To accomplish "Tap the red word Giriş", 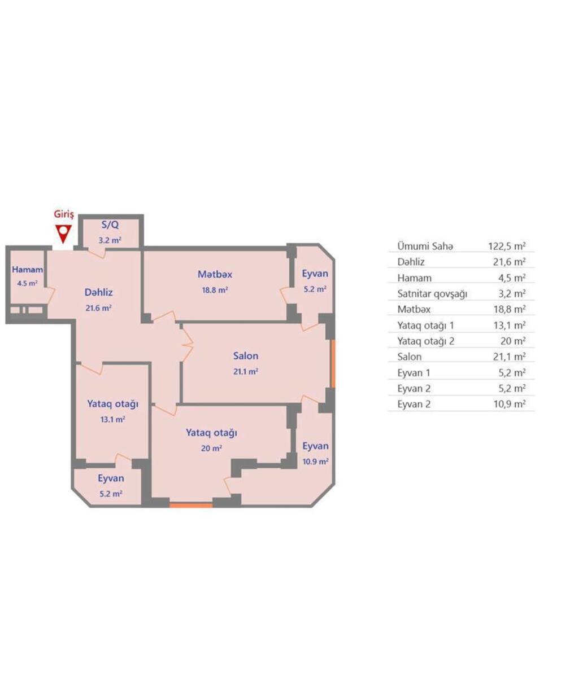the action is point(64,215).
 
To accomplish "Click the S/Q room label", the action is point(110,225).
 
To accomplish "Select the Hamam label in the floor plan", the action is point(27,270).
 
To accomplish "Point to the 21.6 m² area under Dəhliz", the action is point(99,308).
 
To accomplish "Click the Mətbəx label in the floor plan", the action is point(215,274).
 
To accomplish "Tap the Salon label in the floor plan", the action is point(246,355).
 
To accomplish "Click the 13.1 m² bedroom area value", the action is point(113,420).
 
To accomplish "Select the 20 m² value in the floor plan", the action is point(212,449).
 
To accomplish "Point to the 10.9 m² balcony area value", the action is point(316,461).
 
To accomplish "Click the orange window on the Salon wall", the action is point(333,364).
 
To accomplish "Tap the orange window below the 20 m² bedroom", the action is point(191,505).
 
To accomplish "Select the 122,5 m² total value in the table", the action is point(507,246).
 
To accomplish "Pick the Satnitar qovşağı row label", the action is point(432,294).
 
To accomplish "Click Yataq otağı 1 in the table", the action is point(425,326).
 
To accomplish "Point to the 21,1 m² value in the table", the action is point(510,357).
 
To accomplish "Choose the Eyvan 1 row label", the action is point(414,373).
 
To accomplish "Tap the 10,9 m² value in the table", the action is point(510,404).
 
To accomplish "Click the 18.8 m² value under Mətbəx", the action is point(215,290).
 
